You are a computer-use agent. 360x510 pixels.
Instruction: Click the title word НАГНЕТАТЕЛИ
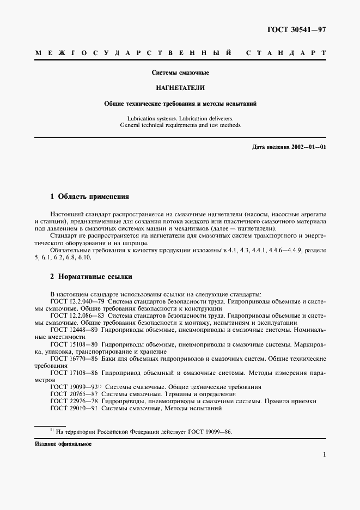coord(180,87)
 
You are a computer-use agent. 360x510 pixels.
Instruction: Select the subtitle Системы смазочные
coord(180,72)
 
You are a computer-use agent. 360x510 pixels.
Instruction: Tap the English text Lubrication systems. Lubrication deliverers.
coord(180,117)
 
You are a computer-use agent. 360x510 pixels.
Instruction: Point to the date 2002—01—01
coord(308,147)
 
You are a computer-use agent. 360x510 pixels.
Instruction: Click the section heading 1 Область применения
coord(89,196)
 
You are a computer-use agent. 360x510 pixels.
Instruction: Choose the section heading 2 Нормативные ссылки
coord(91,277)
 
